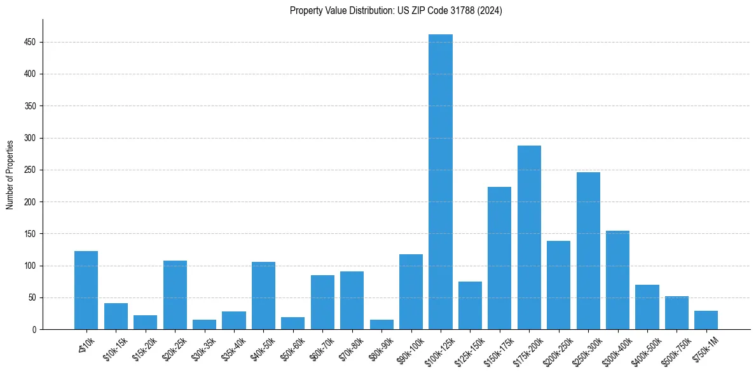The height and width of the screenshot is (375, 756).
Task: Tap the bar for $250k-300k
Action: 588,250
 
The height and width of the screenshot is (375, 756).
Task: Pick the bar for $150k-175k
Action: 499,258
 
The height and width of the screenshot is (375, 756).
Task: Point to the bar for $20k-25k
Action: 175,295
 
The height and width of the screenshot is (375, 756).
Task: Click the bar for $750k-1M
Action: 706,320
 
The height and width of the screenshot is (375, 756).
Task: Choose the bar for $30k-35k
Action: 204,324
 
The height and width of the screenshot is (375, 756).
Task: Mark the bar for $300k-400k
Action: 617,280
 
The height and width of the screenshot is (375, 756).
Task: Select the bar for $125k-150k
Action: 470,305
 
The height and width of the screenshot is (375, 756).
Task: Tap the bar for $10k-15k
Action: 116,316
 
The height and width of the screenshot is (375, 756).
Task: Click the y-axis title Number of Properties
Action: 10,174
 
